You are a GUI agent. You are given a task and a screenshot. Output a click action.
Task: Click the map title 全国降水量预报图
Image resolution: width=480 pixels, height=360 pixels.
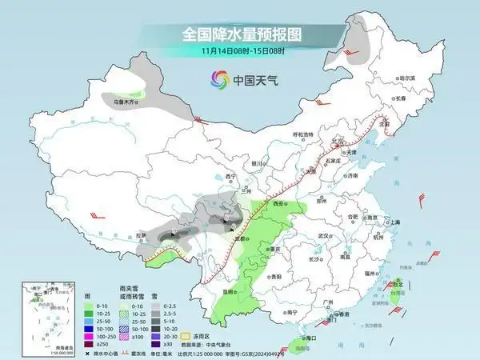pos(240,35)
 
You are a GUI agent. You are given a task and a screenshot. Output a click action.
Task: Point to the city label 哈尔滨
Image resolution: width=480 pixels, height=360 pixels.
pos(408,78)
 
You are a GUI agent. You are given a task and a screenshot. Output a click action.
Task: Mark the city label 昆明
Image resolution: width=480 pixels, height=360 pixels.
pos(230,292)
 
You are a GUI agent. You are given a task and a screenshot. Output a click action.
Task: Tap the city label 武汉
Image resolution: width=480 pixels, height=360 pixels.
pos(323,236)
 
